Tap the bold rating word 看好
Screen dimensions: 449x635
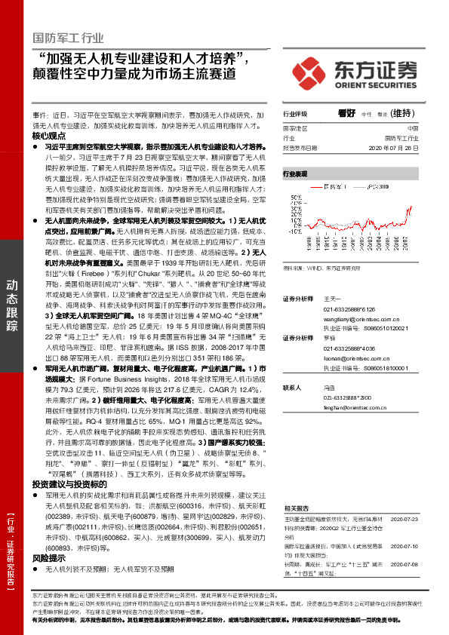click(x=346, y=114)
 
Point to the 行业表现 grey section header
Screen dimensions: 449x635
click(x=296, y=173)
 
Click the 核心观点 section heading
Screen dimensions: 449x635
click(x=50, y=136)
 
